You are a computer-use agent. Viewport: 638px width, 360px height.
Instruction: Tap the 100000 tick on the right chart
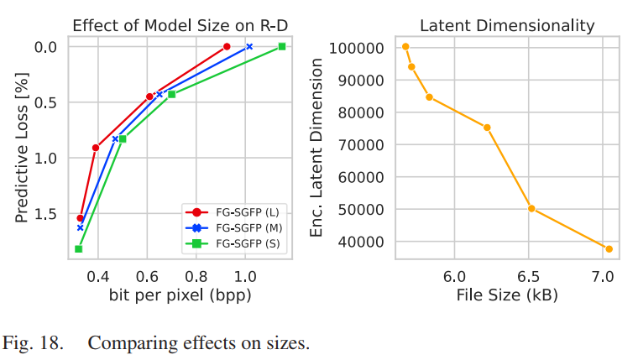pyautogui.click(x=354, y=48)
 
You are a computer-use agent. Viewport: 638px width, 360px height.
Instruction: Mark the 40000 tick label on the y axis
pyautogui.click(x=358, y=242)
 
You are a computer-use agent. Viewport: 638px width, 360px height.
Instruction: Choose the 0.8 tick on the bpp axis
pyautogui.click(x=196, y=276)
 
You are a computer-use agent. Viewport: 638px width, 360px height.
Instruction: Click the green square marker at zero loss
pyautogui.click(x=282, y=46)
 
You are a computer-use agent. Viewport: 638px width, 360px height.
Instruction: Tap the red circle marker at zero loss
pyautogui.click(x=227, y=46)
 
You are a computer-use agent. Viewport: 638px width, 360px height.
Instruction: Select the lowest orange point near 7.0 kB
pyautogui.click(x=609, y=249)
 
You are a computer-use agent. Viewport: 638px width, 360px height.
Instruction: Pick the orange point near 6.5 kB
pyautogui.click(x=531, y=208)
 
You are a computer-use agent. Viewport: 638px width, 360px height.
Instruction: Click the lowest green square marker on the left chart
pyautogui.click(x=79, y=249)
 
